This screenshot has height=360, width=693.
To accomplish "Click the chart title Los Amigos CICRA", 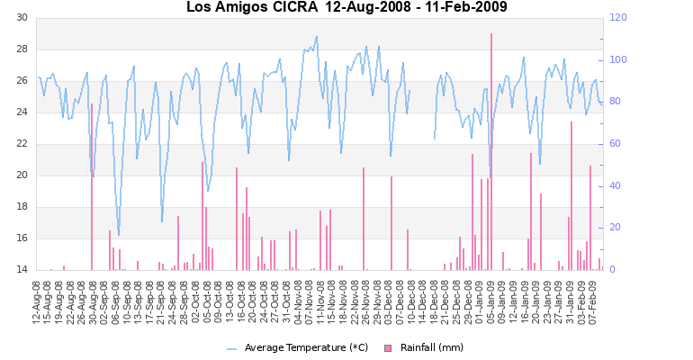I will point(251,8).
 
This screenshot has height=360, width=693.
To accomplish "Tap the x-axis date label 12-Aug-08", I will point(38,301).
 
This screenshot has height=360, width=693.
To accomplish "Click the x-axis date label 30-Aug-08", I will point(92,301).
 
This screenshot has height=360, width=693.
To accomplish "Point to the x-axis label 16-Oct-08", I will point(229,301).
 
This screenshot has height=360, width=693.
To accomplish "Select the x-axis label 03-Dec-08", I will point(389,301).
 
